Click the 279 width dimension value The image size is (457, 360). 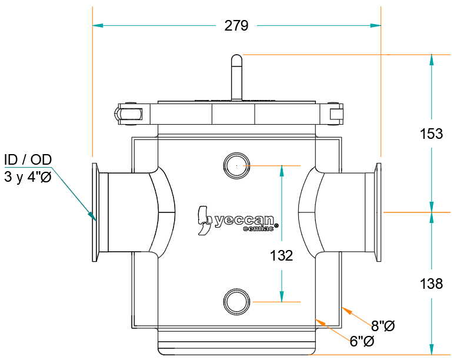[236, 26]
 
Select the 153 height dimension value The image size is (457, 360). [432, 134]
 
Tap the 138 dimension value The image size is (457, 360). [432, 284]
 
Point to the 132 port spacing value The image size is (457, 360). [282, 256]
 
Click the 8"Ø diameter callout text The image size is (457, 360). [382, 325]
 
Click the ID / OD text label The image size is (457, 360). [28, 159]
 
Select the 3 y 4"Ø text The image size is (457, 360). [27, 177]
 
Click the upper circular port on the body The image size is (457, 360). [236, 165]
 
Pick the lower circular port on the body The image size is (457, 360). [236, 301]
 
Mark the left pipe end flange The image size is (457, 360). [95, 212]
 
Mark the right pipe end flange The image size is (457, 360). [378, 212]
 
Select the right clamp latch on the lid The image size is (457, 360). [336, 112]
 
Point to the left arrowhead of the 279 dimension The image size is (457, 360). [98, 26]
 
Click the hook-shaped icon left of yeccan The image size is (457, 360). [204, 221]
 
